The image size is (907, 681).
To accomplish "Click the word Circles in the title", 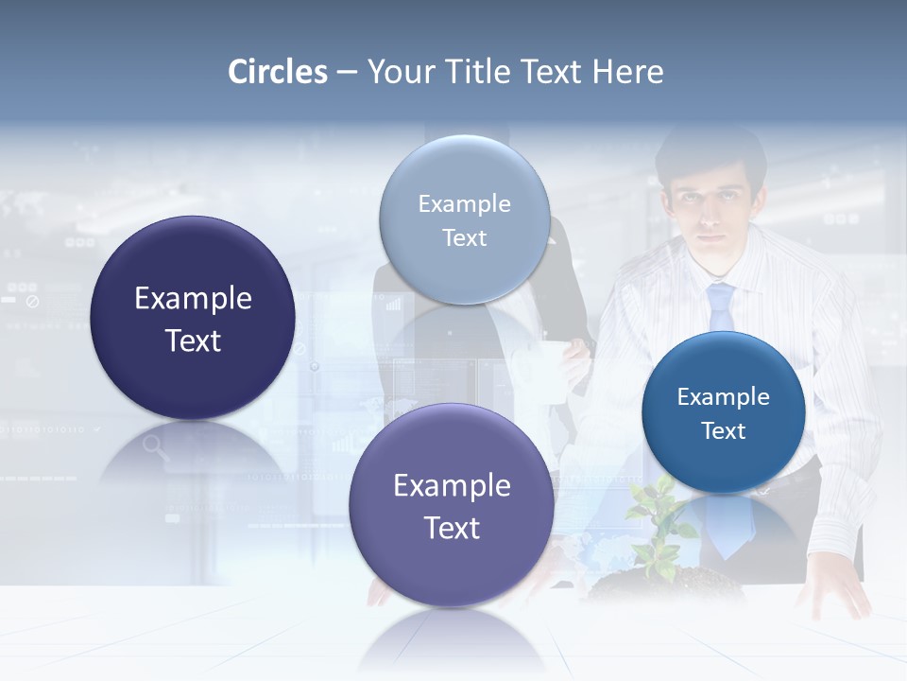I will tap(278, 72).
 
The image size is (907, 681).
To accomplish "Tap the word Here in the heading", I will tap(627, 72).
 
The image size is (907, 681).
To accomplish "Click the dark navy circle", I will tap(193, 318).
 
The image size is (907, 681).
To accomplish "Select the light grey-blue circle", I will tap(464, 219).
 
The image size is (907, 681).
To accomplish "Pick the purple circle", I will tap(451, 505).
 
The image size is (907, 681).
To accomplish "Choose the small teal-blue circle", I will tap(723, 412).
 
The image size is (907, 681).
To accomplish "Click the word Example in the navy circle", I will tap(193, 299).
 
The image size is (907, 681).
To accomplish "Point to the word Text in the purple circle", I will tap(452, 528).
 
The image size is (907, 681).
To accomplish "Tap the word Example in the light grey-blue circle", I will tap(464, 204).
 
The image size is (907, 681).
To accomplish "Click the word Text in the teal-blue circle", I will tap(723, 431).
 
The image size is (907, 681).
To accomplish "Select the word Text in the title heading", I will tap(553, 72).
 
